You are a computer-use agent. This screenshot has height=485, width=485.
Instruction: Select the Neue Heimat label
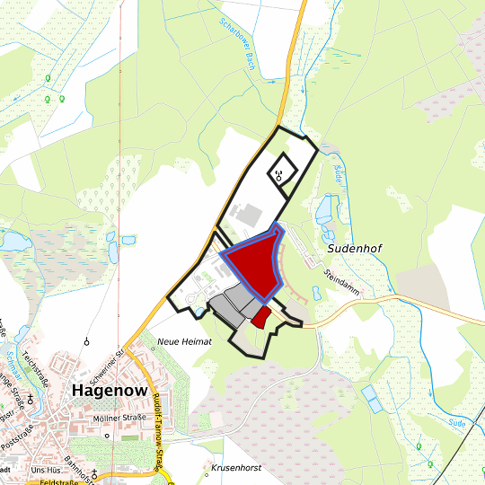point(184,342)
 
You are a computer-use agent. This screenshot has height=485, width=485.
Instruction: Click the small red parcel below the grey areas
point(260,316)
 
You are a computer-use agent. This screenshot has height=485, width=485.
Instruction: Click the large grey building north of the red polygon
point(248,216)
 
